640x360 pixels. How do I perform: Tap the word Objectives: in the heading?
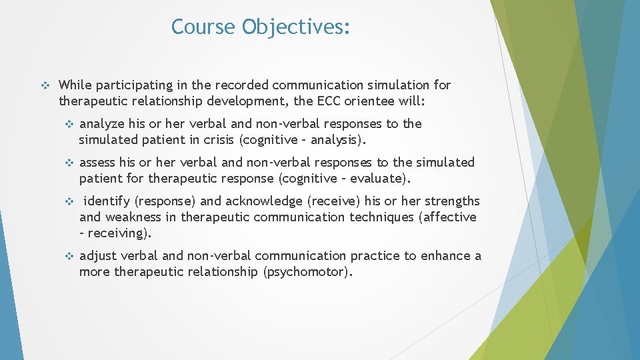tap(296, 27)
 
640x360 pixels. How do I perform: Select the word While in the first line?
tap(75, 85)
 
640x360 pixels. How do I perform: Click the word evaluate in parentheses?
tap(382, 179)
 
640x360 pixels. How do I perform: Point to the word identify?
tap(107, 201)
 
